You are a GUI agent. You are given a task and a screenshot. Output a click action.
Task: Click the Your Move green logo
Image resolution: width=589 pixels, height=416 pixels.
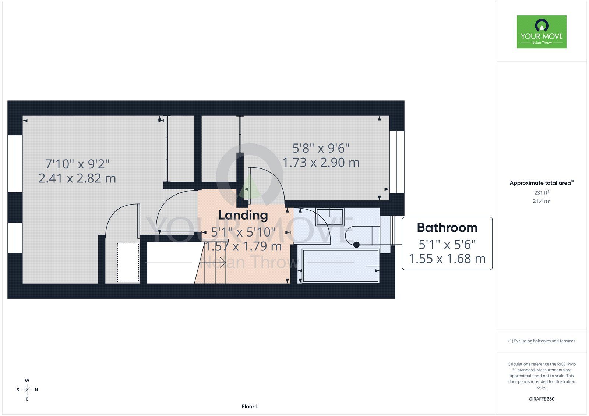point(542,32)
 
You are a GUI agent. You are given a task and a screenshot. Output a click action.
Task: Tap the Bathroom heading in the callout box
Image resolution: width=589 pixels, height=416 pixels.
point(447,228)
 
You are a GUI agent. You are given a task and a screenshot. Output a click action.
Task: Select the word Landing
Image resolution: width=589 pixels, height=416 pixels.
point(243,215)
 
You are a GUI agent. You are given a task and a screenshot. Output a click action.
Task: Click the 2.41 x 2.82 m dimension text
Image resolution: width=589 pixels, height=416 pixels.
point(77,178)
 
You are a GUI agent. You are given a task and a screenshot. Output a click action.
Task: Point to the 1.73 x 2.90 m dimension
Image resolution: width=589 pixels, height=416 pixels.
point(321,163)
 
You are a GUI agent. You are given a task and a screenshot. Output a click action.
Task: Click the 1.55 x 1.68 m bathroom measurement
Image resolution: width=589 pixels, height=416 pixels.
point(447,259)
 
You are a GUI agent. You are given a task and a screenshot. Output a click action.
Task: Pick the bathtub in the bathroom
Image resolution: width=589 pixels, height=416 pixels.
point(341,266)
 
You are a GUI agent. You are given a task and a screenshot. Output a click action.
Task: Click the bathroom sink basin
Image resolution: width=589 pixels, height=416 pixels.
point(330,217)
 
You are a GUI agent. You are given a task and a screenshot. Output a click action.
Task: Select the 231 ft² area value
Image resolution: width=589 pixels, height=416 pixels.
point(542,192)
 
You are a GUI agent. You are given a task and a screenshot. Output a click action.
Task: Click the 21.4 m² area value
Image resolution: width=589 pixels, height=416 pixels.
point(542,201)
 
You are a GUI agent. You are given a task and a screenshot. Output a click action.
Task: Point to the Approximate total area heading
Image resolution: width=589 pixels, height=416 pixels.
point(542,183)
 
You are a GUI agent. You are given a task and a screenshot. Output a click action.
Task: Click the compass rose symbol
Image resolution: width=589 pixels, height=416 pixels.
point(27,390)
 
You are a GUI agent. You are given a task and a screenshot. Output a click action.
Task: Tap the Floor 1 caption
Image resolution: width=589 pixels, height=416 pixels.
point(250,406)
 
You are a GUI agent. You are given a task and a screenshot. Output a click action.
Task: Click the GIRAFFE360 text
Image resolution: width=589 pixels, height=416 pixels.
point(542,399)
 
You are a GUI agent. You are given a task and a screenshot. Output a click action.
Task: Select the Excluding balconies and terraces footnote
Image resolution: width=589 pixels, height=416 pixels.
point(542,341)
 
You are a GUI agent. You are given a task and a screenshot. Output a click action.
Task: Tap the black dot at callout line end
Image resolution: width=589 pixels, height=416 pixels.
point(356,245)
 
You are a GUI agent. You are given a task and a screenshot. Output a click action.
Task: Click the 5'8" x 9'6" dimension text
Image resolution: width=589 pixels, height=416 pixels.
point(321,148)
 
